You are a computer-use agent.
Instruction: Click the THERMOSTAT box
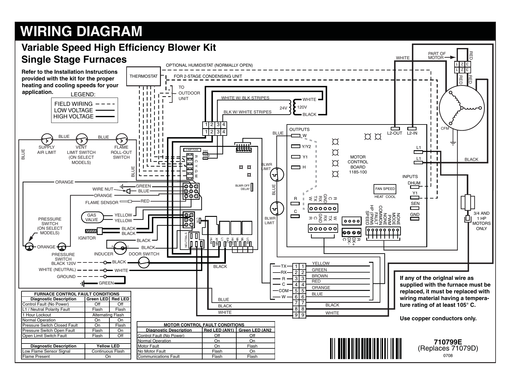coord(143,76)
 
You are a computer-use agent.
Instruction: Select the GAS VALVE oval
coord(92,217)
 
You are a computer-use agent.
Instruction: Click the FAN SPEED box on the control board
coord(385,189)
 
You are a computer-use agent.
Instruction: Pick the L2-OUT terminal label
coord(394,133)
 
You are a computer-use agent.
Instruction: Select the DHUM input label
coord(414,183)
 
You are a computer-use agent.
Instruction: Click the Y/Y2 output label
coord(306,147)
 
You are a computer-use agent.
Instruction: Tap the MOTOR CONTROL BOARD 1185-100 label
coord(358,164)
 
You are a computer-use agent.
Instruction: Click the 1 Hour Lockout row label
coord(37,315)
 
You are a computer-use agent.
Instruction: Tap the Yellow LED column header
coord(108,346)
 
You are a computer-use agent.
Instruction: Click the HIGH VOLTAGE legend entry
coord(73,117)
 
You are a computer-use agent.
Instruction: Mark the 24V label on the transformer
coord(283,108)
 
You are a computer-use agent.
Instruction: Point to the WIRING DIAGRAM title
coord(81,31)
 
